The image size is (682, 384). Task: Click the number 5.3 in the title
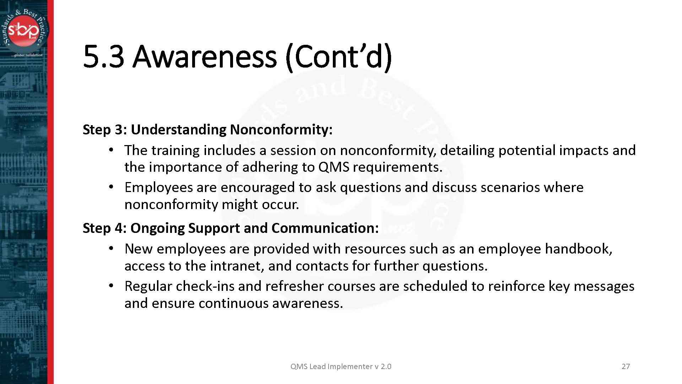pos(104,56)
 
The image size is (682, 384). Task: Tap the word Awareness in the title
pos(205,56)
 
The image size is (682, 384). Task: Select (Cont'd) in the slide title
pos(339,57)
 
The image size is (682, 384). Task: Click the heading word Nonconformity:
pos(281,129)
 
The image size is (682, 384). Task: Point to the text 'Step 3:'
pos(105,129)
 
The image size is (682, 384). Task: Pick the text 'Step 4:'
pos(105,228)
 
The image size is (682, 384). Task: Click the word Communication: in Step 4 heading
pos(325,228)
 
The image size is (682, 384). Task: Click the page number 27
pos(626,367)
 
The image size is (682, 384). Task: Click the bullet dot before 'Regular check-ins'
pos(111,286)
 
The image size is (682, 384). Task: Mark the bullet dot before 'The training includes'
pos(111,150)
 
